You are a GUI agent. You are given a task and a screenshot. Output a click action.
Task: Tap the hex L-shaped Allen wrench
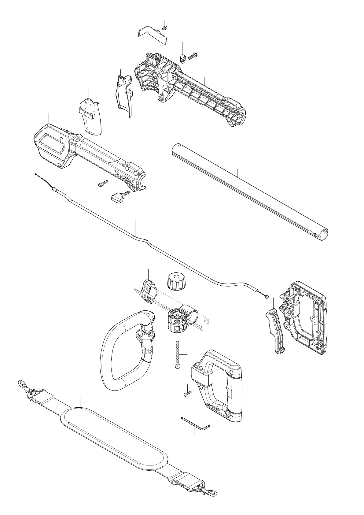[196, 423]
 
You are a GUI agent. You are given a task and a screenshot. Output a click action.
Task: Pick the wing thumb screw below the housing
[118, 197]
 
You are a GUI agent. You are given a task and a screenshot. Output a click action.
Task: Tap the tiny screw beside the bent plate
[164, 28]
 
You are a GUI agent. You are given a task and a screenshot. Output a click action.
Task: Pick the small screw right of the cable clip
[193, 56]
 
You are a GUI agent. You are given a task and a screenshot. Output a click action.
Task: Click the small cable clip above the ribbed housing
[182, 58]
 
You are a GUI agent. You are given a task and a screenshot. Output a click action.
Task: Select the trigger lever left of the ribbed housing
[124, 93]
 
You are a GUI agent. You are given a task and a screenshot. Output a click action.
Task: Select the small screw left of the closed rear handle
[187, 393]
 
